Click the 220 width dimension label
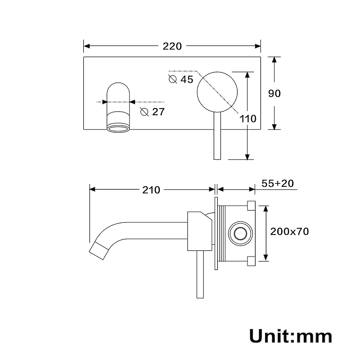pyautogui.click(x=172, y=46)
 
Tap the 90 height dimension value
pyautogui.click(x=274, y=94)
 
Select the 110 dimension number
pyautogui.click(x=248, y=119)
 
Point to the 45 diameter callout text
pyautogui.click(x=187, y=80)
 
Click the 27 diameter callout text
pyautogui.click(x=159, y=112)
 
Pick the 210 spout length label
pyautogui.click(x=151, y=190)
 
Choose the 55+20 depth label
pyautogui.click(x=278, y=183)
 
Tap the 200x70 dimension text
pyautogui.click(x=289, y=231)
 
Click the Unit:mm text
pyautogui.click(x=291, y=336)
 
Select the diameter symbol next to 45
pyautogui.click(x=173, y=79)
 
